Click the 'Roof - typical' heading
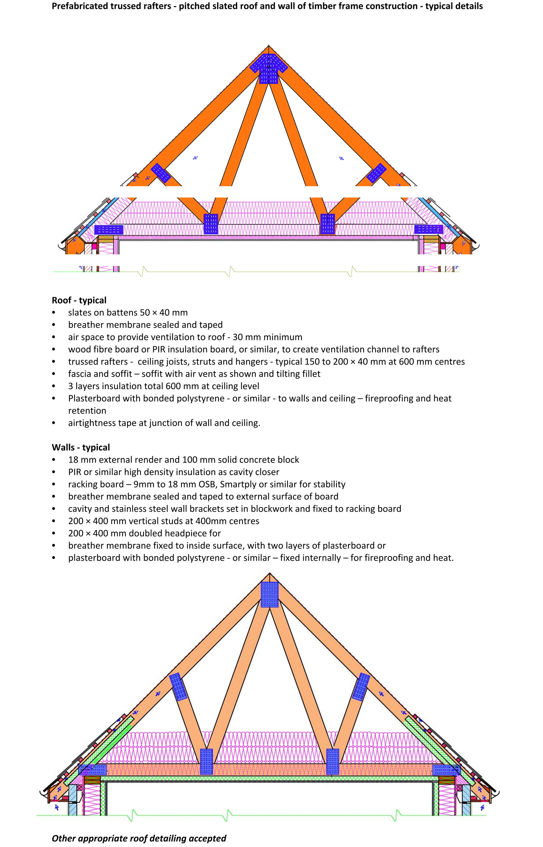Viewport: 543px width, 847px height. (79, 300)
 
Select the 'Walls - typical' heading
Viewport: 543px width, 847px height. (81, 447)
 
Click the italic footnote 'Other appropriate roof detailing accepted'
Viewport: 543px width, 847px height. (139, 838)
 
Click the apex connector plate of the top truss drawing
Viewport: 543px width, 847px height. (269, 68)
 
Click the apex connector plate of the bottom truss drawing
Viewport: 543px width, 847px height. (270, 594)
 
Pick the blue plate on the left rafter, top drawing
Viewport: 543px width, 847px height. (161, 173)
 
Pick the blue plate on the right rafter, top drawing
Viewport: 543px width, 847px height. (377, 173)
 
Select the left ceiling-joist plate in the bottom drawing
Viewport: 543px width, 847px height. (207, 762)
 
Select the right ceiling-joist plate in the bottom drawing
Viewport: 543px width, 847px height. (332, 762)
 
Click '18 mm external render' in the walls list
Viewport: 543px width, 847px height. (115, 460)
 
